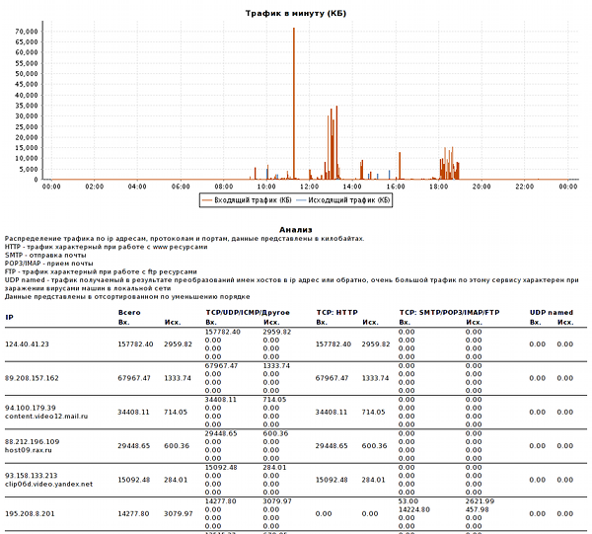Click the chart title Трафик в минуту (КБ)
tap(296, 13)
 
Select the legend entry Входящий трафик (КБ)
tap(246, 199)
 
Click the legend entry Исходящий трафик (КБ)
tap(345, 199)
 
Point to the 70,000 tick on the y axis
tap(27, 31)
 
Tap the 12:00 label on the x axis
tap(309, 187)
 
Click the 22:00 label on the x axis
tap(525, 187)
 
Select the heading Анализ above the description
tap(296, 229)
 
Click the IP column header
tap(9, 317)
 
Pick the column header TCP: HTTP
tap(336, 312)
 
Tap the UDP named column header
tap(552, 312)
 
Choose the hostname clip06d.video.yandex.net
tap(49, 484)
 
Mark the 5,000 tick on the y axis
tap(30, 169)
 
